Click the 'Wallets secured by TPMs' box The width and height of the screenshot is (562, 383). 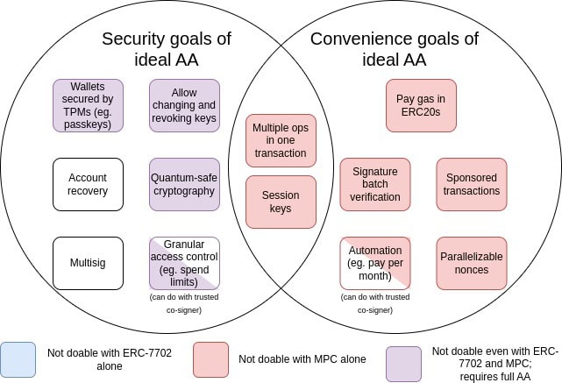click(88, 105)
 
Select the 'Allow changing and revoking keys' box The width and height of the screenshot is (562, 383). click(183, 105)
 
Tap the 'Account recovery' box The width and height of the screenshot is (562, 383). click(88, 184)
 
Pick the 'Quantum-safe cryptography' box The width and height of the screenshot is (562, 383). click(183, 184)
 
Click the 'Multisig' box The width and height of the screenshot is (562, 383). click(88, 263)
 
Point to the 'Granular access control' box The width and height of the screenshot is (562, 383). click(183, 263)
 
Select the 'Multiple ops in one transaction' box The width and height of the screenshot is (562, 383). click(281, 140)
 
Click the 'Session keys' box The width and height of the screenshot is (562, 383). click(281, 202)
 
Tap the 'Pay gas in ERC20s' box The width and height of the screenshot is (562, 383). click(421, 105)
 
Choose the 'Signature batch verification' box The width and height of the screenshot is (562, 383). click(375, 184)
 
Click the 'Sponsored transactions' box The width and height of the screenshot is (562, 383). click(472, 184)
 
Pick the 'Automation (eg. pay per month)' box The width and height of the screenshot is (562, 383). click(375, 263)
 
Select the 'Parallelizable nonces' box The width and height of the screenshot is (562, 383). click(472, 263)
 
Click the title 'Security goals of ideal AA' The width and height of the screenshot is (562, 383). click(166, 49)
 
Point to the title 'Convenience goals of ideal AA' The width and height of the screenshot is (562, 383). click(395, 49)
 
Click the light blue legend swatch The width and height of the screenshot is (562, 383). click(18, 358)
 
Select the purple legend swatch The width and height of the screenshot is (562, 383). click(403, 363)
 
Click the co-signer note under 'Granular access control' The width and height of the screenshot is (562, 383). click(183, 303)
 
